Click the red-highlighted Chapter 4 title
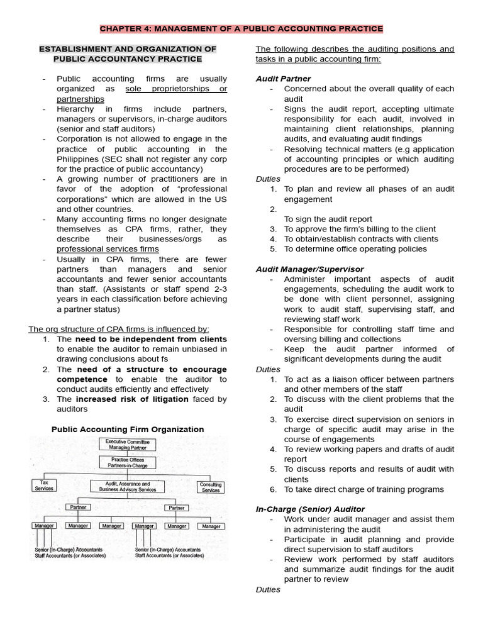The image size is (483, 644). [241, 29]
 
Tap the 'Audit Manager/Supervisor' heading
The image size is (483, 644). [309, 269]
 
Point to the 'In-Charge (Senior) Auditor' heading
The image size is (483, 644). [310, 509]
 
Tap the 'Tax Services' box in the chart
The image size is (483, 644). [45, 485]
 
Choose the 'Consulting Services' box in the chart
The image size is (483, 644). [211, 487]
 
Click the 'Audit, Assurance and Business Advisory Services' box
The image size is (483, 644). [128, 486]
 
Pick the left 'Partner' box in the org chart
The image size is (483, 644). [78, 508]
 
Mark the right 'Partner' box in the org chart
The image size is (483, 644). [177, 508]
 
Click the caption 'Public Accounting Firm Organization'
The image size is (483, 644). [128, 429]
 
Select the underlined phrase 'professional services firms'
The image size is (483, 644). [108, 249]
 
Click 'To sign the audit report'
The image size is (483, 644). [328, 219]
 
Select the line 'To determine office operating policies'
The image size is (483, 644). [355, 248]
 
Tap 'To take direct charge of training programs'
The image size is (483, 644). [364, 489]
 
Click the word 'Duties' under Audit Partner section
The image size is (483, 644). [268, 179]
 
